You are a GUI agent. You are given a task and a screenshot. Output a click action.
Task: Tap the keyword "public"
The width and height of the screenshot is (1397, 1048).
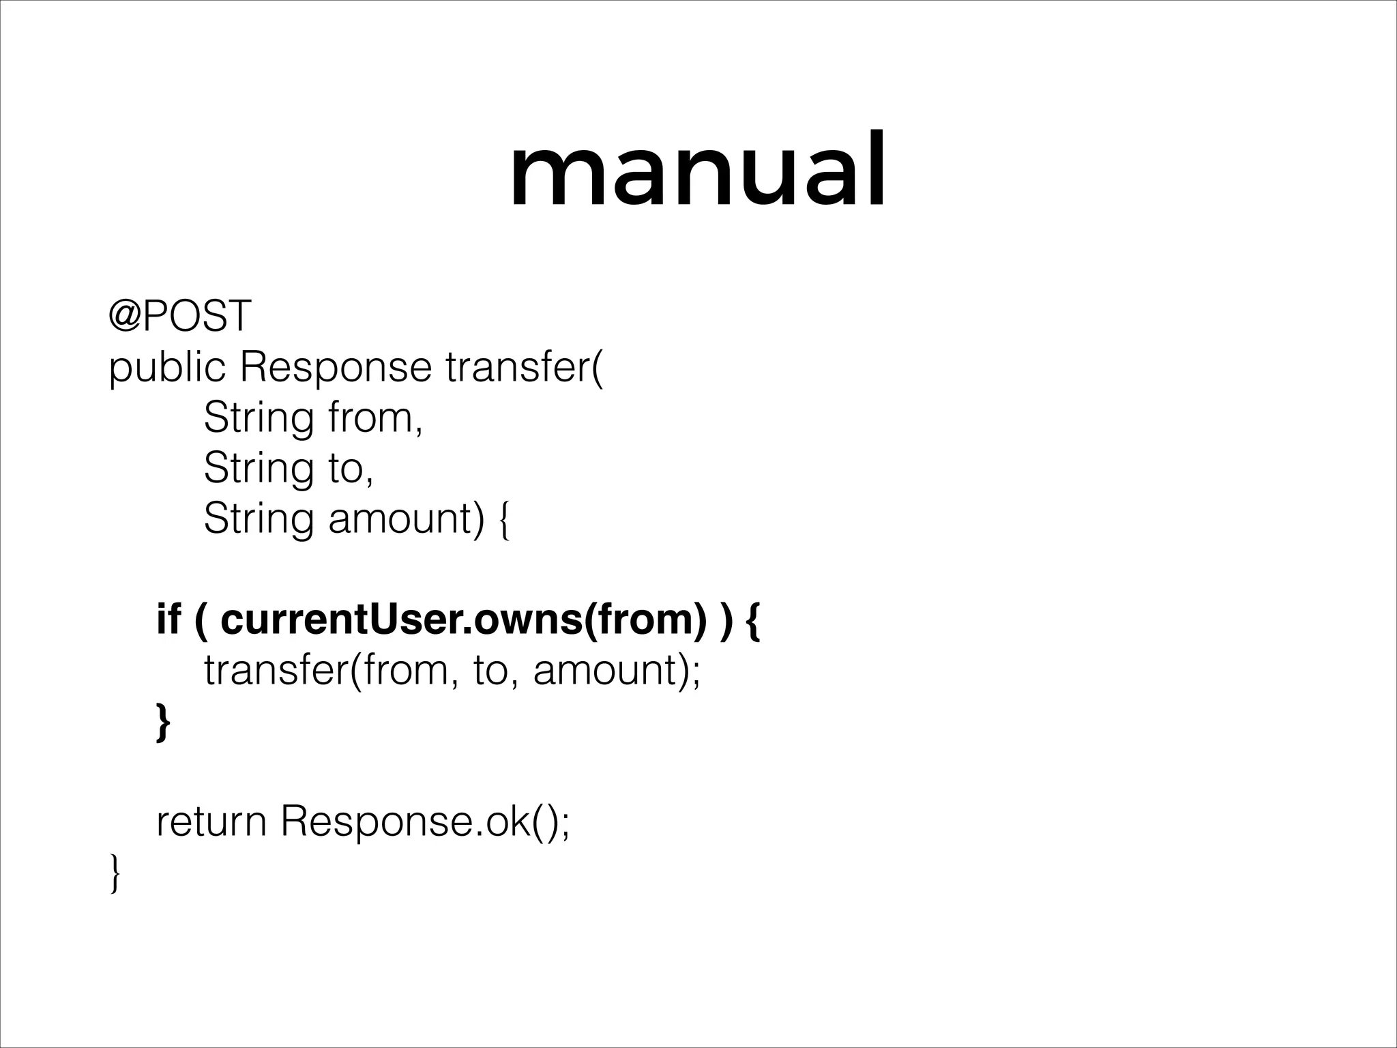pyautogui.click(x=167, y=368)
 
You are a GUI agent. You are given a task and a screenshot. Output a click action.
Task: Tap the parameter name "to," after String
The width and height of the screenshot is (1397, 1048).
pyautogui.click(x=351, y=469)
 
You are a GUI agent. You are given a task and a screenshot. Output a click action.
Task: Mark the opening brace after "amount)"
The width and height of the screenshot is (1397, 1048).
pyautogui.click(x=503, y=521)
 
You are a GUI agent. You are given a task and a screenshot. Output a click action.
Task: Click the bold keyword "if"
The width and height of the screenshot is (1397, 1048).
pyautogui.click(x=168, y=619)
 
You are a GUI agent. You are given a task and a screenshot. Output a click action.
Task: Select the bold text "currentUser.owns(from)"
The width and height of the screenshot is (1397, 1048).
pyautogui.click(x=464, y=620)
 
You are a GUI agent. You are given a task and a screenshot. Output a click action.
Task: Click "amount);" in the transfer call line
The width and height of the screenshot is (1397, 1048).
pyautogui.click(x=617, y=670)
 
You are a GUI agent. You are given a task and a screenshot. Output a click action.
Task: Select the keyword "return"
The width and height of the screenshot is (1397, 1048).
pyautogui.click(x=211, y=821)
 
